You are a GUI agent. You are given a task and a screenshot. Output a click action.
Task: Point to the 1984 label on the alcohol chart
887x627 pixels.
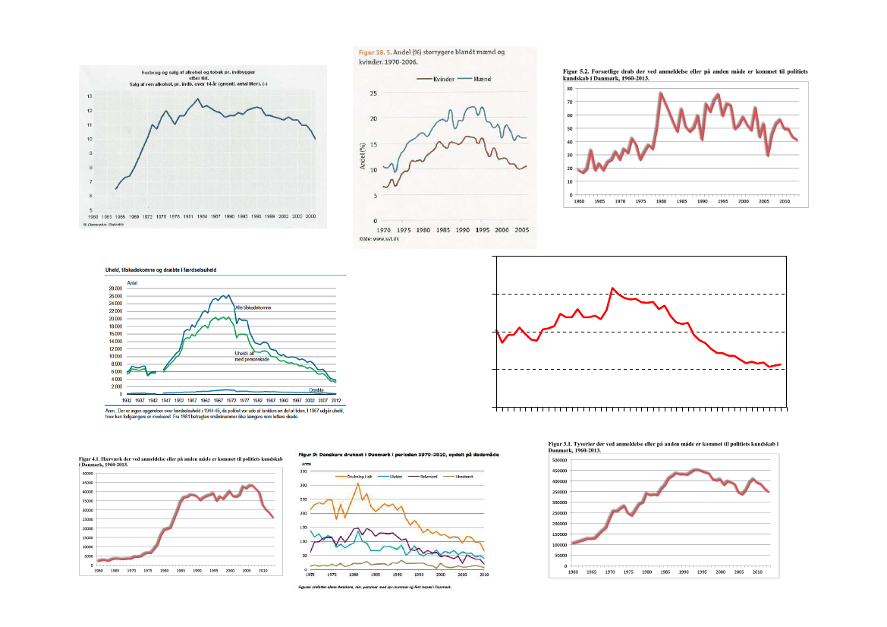click(x=203, y=216)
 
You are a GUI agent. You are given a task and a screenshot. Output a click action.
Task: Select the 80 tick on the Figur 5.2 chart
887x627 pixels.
click(x=569, y=90)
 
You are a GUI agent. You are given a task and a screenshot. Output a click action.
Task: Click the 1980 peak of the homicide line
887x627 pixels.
click(x=661, y=93)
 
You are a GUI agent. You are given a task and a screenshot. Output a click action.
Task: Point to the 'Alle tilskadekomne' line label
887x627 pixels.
click(x=253, y=307)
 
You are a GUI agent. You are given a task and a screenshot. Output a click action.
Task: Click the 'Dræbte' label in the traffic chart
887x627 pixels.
click(x=316, y=389)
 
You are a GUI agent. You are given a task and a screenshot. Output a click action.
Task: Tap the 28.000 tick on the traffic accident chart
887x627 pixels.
click(x=115, y=289)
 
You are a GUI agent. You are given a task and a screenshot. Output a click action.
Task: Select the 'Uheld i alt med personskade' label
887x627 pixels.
click(x=251, y=356)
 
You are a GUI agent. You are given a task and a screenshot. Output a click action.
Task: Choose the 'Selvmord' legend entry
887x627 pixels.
click(x=422, y=477)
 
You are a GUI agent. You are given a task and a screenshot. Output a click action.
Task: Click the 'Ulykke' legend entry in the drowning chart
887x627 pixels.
click(x=391, y=477)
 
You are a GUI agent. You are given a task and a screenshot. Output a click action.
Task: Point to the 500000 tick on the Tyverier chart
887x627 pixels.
click(x=558, y=460)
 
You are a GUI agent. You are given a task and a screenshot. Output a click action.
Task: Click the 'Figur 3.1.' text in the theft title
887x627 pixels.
click(x=563, y=443)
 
